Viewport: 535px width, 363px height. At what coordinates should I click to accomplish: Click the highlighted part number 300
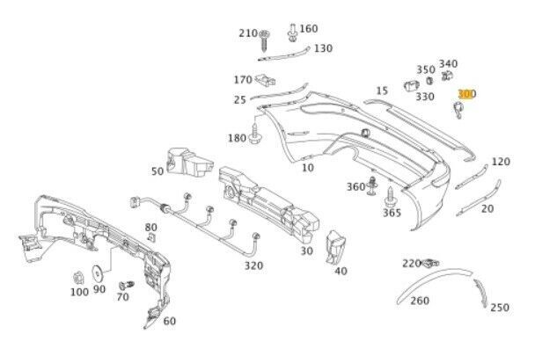[x=466, y=93]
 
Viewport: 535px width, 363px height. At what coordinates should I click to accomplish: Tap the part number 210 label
[x=248, y=33]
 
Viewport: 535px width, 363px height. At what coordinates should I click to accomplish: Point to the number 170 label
[x=243, y=80]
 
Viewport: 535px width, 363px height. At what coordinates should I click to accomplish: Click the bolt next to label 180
[x=256, y=136]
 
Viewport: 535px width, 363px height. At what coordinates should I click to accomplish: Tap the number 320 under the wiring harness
[x=253, y=265]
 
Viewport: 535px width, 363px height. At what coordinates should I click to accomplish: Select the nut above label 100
[x=77, y=274]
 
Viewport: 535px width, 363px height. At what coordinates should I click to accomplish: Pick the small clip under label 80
[x=150, y=237]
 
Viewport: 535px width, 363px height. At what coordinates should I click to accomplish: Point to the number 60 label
[x=169, y=321]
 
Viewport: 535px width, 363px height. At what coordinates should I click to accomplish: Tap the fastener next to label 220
[x=431, y=262]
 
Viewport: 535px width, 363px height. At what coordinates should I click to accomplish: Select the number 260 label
[x=420, y=301]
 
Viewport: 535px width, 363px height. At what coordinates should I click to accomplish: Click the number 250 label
[x=499, y=308]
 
